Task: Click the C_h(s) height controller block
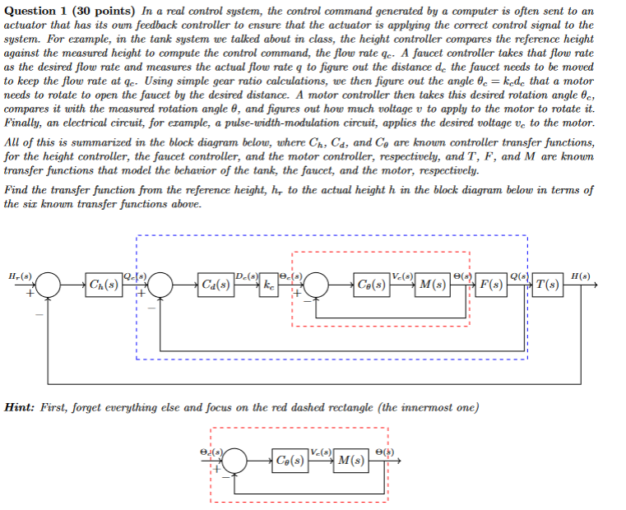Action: click(x=104, y=285)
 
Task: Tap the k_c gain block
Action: click(x=269, y=285)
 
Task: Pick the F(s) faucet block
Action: click(x=492, y=285)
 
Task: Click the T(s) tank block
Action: click(x=548, y=285)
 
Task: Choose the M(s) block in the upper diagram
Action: click(x=433, y=285)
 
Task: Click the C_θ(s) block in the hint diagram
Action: click(x=292, y=461)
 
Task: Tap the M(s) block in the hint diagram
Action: click(x=352, y=461)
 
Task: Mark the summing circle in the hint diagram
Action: click(x=235, y=461)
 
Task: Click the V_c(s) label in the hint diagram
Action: click(x=322, y=450)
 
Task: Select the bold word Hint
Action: click(x=21, y=407)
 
